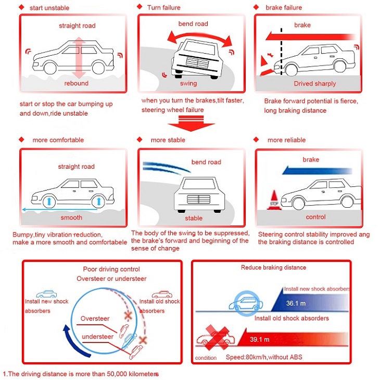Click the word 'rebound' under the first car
tap(76, 83)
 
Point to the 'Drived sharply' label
tap(315, 83)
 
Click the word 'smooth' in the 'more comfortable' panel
tap(71, 218)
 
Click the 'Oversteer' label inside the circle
tap(95, 319)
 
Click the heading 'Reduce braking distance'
tap(273, 268)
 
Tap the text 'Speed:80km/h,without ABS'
tap(264, 358)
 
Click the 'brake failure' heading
tap(284, 8)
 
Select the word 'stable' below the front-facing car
tap(194, 219)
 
